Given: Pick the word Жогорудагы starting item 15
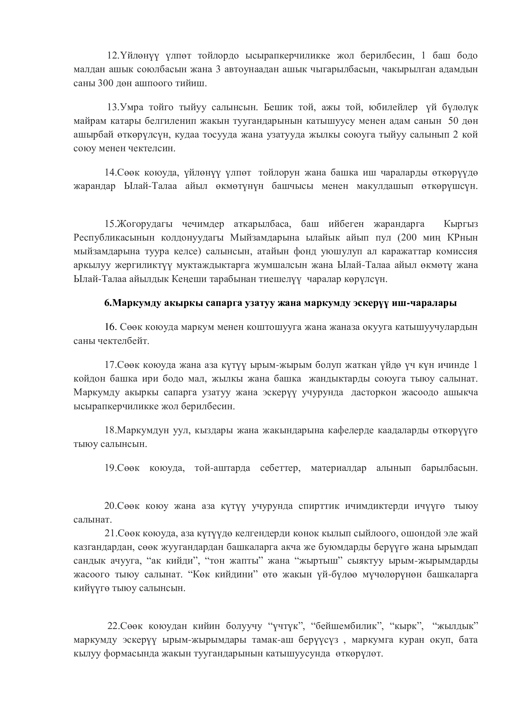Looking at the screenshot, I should coord(145,224).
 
